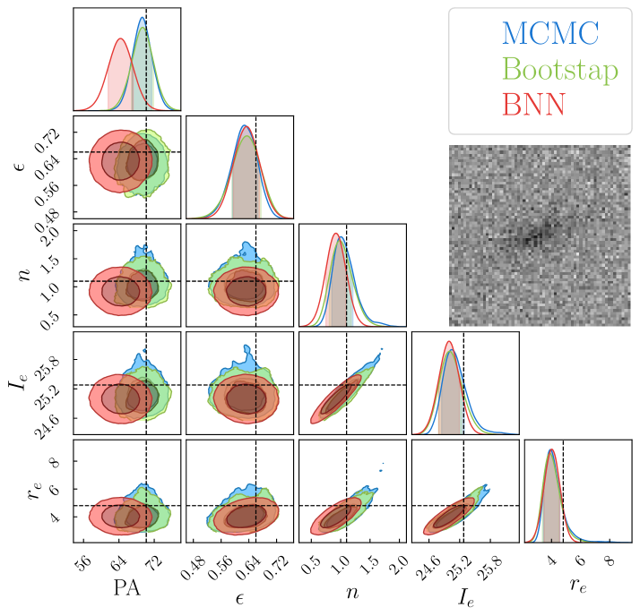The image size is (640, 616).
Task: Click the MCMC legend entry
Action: pyautogui.click(x=549, y=34)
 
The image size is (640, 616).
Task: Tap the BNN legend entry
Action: pyautogui.click(x=534, y=105)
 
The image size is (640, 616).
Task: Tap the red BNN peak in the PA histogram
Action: pyautogui.click(x=120, y=38)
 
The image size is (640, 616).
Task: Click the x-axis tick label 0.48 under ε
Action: pyautogui.click(x=195, y=565)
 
